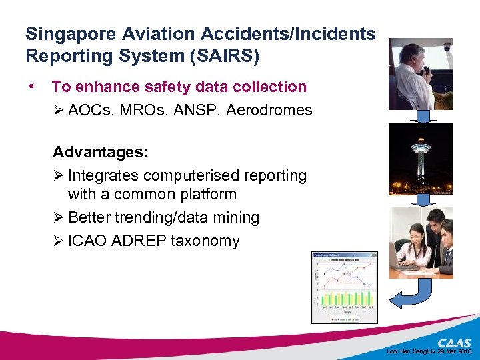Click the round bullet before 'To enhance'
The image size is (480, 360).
(32, 87)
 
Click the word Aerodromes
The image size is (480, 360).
(269, 110)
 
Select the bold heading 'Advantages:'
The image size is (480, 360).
(101, 152)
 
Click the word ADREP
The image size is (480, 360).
(139, 241)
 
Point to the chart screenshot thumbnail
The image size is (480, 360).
(344, 287)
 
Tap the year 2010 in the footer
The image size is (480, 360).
(464, 351)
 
